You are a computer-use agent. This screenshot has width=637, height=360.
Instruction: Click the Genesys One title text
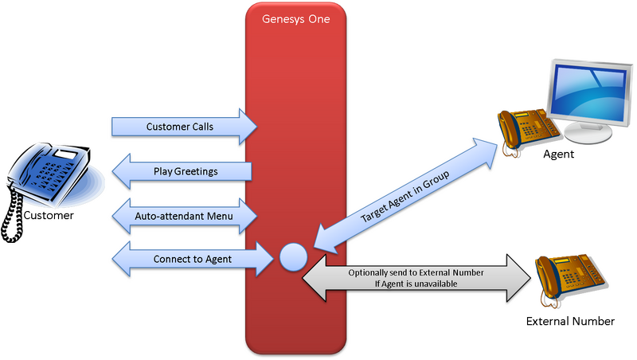click(295, 18)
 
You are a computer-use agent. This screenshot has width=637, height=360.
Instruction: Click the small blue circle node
click(292, 256)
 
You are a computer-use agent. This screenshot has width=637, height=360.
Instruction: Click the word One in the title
click(318, 18)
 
